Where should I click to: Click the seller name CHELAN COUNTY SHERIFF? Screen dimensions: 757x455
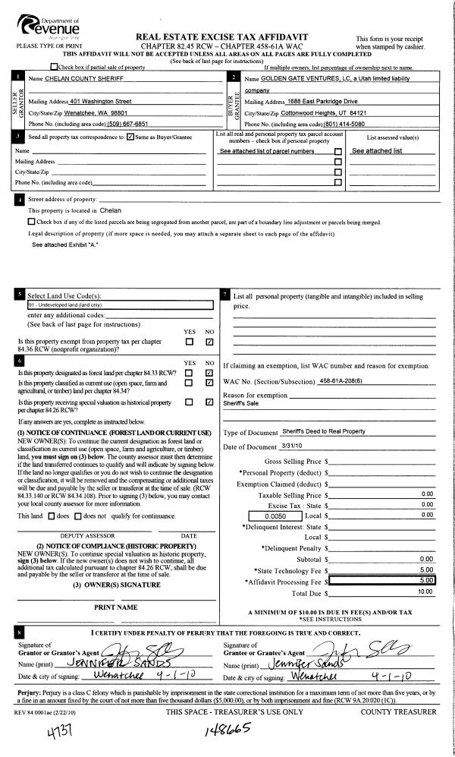[x=83, y=78]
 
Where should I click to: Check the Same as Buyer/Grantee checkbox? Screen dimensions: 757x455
[x=130, y=137]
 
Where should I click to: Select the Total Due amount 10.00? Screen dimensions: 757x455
[x=424, y=590]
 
